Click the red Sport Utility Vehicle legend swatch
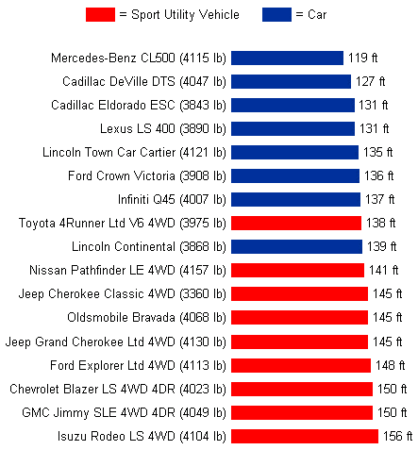click(x=100, y=15)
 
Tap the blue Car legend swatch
click(x=276, y=15)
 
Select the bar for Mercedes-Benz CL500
click(x=287, y=58)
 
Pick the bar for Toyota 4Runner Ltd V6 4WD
click(x=296, y=223)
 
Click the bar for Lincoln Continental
click(x=296, y=246)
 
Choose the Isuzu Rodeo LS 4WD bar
click(x=305, y=436)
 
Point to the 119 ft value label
click(x=362, y=58)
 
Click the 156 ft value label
click(x=397, y=436)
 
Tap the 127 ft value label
click(x=370, y=81)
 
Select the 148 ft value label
click(x=390, y=365)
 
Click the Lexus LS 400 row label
click(x=163, y=129)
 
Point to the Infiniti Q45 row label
click(x=172, y=200)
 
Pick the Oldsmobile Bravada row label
click(x=146, y=318)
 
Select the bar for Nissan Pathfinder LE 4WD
click(x=297, y=270)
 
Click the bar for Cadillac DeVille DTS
click(x=291, y=81)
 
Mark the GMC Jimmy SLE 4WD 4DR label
click(x=124, y=413)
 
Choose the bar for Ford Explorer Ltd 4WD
click(x=301, y=365)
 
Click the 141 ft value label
click(x=383, y=270)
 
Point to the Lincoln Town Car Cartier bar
click(x=294, y=152)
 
